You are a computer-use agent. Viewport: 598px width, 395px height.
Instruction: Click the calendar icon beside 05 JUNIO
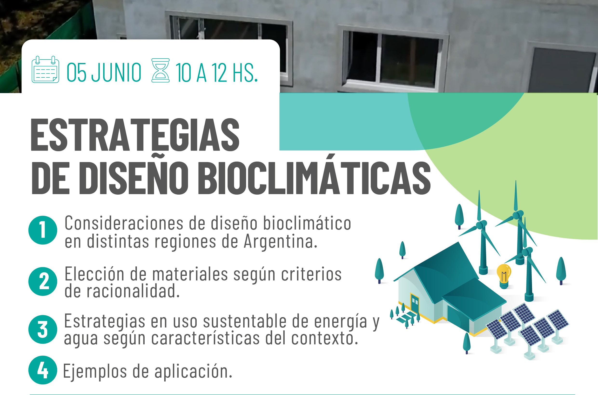45,69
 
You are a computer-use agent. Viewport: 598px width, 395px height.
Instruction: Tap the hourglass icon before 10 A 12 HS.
160,70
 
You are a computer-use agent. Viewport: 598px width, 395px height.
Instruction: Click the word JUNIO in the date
116,73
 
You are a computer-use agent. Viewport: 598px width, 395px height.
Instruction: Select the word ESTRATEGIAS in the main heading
135,135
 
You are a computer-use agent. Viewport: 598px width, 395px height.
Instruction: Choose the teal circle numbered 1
43,230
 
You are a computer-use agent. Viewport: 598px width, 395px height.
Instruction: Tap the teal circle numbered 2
43,281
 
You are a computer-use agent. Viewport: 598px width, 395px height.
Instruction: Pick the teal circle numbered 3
43,329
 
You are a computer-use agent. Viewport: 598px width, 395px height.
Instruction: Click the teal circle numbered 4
43,370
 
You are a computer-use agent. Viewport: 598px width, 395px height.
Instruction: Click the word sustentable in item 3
245,321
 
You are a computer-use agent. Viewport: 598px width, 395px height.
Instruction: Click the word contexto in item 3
325,338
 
